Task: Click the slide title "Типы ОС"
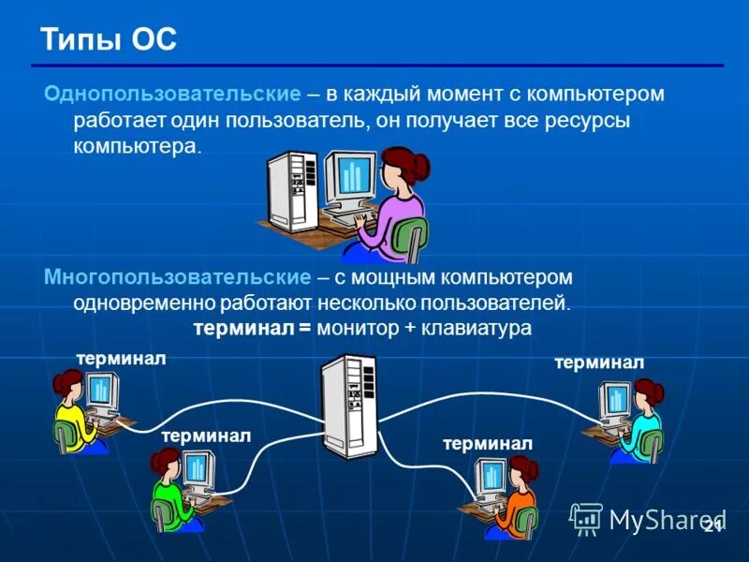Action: pos(108,40)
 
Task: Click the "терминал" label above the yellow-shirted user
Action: pos(121,359)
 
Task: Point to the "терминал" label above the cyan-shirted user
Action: pos(598,362)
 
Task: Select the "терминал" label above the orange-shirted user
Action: pos(488,443)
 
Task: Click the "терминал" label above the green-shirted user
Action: pos(205,436)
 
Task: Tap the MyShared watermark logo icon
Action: pos(586,517)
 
